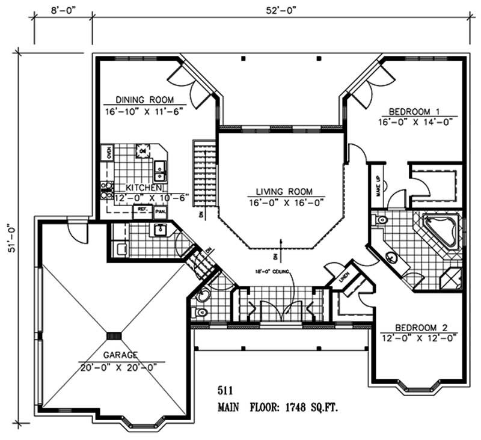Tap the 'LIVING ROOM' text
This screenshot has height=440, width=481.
click(286, 192)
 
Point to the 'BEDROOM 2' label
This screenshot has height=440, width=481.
click(421, 328)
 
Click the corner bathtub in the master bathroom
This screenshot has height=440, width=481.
click(440, 231)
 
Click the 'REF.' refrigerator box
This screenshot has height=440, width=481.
click(142, 210)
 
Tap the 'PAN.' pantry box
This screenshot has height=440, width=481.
click(161, 212)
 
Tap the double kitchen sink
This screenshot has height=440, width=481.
click(160, 170)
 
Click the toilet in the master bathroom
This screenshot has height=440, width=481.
click(379, 221)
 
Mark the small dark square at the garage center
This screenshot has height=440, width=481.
click(114, 335)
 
